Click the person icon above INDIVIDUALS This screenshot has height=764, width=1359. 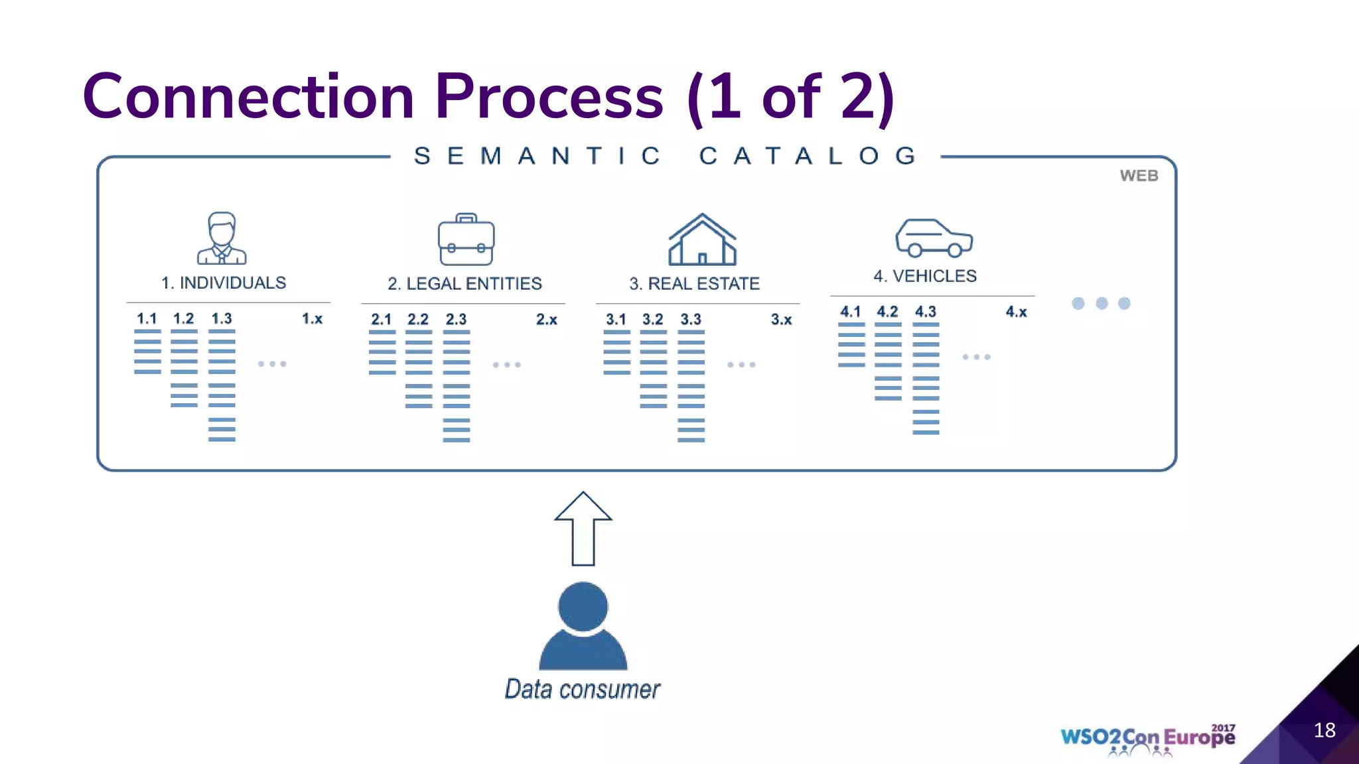coord(222,238)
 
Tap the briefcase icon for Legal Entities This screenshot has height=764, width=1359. coord(466,239)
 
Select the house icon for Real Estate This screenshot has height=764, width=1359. coord(702,239)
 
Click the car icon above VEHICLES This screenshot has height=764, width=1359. coord(934,238)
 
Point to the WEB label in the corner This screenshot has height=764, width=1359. coord(1139,176)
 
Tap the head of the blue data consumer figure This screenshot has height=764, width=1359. coord(583,606)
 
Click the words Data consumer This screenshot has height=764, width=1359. coord(582,690)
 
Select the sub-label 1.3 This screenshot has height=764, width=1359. coord(222,319)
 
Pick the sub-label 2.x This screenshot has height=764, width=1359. coord(546,320)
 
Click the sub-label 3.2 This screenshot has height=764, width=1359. coord(652,320)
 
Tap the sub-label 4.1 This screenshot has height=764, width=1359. coord(850,312)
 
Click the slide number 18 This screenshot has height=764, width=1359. coord(1324,730)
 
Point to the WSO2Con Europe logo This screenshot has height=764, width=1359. coord(1147,738)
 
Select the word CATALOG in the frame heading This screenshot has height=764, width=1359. coord(808,157)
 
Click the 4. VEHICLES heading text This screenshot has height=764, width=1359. coord(924,276)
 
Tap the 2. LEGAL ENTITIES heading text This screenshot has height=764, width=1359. coord(465,284)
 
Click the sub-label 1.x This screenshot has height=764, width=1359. coord(312,319)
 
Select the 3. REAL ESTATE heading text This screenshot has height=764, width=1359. coord(694,284)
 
